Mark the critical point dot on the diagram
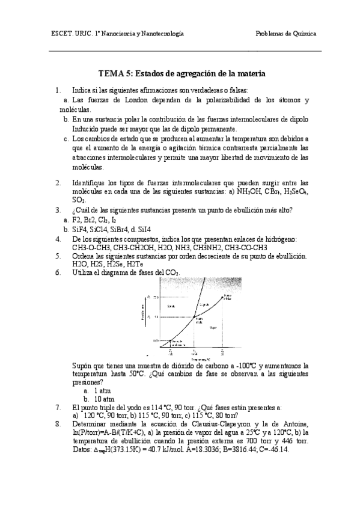(x=223, y=298)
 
